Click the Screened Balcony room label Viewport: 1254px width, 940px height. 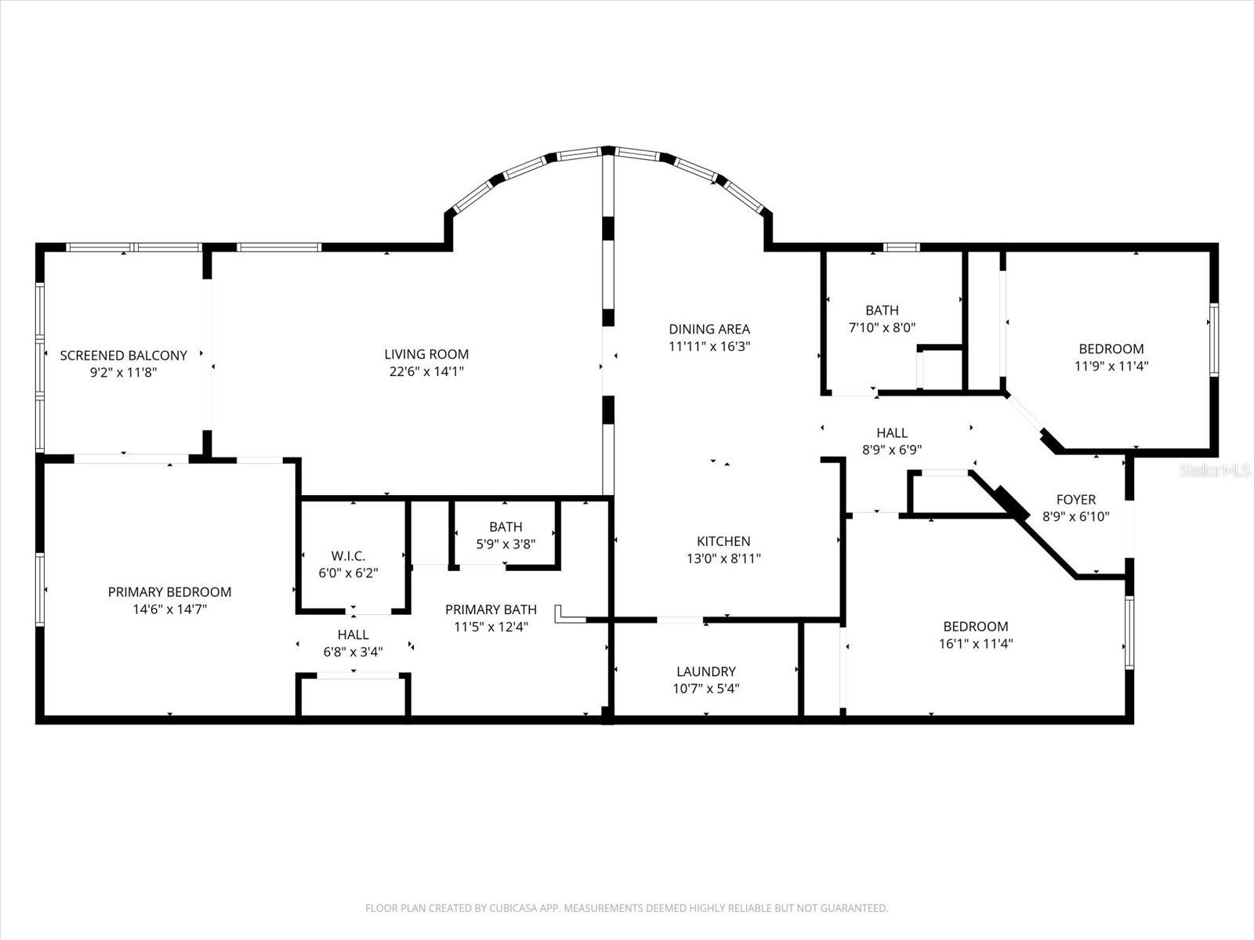[123, 356]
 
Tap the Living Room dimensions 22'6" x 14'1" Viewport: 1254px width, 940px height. [426, 372]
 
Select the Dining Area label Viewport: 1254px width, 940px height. [709, 329]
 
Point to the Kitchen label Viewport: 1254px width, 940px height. [723, 541]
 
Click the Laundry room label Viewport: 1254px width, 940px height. [705, 671]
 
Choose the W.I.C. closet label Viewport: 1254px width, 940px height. [348, 556]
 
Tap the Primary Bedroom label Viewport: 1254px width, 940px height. [169, 592]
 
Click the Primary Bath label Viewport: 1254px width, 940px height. [491, 609]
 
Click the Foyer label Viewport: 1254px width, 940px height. [1075, 500]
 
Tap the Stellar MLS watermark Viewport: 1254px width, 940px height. [1215, 471]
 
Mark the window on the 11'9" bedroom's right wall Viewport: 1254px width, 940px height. [1213, 339]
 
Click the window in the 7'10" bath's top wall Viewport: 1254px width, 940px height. [901, 248]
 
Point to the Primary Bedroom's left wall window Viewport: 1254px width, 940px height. [39, 589]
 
